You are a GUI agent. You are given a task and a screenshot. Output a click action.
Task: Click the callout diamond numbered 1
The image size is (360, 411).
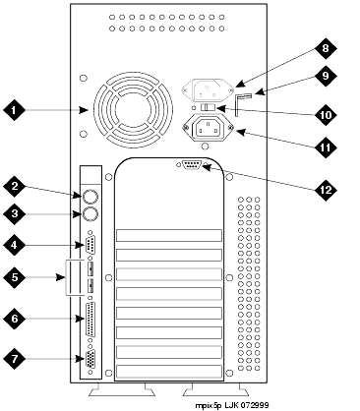point(14,109)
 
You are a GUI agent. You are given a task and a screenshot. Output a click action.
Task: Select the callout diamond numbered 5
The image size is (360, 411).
point(14,277)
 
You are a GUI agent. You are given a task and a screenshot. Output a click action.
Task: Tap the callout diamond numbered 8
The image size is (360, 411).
point(326,48)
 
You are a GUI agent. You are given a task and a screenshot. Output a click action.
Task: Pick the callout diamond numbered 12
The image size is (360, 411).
point(326,190)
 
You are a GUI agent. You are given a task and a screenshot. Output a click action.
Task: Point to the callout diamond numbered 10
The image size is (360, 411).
point(326,115)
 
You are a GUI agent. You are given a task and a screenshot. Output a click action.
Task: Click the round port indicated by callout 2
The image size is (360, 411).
point(90,196)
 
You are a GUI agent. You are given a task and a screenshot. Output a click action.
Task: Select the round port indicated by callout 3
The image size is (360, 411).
point(90,214)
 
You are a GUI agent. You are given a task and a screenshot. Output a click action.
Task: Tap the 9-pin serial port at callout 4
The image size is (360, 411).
point(90,244)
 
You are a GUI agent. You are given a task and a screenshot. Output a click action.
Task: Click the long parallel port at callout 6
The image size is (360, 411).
point(90,319)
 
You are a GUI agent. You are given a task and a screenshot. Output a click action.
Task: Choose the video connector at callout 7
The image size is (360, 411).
point(90,359)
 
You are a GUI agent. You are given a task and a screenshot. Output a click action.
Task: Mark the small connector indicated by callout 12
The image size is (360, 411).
point(192,164)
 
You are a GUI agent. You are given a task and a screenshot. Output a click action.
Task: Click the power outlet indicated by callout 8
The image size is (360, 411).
point(208,89)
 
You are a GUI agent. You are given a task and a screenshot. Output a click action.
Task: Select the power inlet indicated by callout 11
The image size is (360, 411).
point(208,129)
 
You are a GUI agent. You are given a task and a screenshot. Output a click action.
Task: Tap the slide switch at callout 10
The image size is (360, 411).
point(208,107)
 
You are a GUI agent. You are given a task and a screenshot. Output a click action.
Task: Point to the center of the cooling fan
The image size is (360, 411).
point(133,110)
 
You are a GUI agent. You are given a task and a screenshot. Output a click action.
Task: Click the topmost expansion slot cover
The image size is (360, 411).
point(169,236)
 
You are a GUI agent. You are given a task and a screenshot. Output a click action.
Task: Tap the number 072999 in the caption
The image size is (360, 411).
point(256,405)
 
